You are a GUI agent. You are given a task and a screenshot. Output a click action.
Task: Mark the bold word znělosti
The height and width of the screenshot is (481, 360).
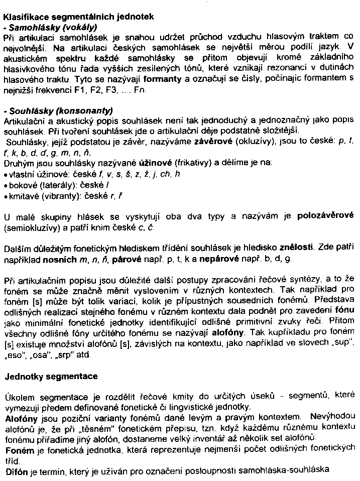click(x=293, y=248)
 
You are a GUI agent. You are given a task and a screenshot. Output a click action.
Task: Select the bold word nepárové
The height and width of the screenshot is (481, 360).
click(x=218, y=260)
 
